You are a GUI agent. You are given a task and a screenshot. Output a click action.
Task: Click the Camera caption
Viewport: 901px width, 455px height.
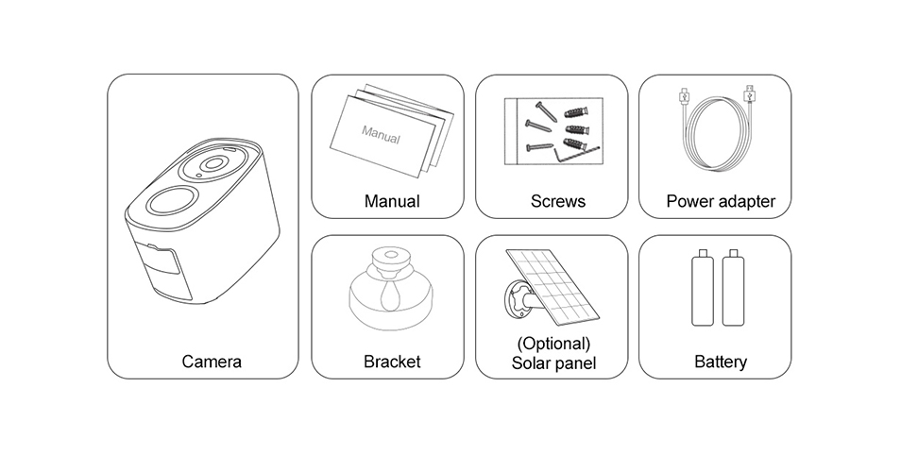pyautogui.click(x=212, y=362)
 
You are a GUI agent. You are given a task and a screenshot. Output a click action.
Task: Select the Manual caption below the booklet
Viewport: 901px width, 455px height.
pyautogui.click(x=392, y=201)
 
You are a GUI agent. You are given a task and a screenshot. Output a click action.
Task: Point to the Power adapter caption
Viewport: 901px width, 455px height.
pyautogui.click(x=721, y=201)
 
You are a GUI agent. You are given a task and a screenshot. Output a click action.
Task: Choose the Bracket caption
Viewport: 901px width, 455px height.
pyautogui.click(x=392, y=362)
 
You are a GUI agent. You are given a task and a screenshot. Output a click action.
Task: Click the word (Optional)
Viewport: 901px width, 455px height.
pyautogui.click(x=553, y=344)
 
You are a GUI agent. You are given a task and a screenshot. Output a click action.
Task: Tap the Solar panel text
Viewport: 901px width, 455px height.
pyautogui.click(x=553, y=363)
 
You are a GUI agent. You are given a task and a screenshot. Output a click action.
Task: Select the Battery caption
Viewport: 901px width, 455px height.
pyautogui.click(x=721, y=362)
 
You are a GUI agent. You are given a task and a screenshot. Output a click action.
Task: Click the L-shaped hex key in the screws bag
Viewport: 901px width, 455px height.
pyautogui.click(x=574, y=154)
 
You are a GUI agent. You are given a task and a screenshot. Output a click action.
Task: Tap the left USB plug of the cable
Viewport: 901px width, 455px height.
pyautogui.click(x=683, y=95)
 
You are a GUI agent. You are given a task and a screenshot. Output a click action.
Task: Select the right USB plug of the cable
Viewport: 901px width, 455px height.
pyautogui.click(x=749, y=94)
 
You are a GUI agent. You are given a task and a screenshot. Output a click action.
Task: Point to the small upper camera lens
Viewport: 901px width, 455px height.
pyautogui.click(x=213, y=163)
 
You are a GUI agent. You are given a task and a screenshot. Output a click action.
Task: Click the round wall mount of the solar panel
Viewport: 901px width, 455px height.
pyautogui.click(x=518, y=298)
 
